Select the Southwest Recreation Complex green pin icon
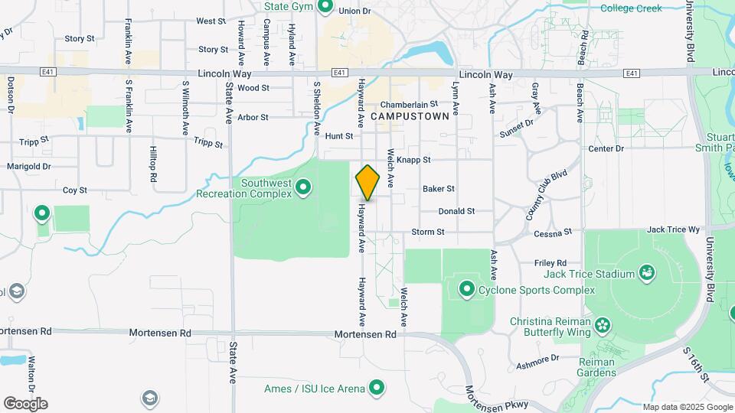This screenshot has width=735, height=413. [304, 187]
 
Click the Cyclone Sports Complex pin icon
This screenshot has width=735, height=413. [467, 289]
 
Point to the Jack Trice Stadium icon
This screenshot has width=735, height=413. [648, 273]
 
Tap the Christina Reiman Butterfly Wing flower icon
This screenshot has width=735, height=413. [603, 325]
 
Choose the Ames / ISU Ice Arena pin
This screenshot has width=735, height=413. [376, 388]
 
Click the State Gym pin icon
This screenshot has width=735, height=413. [325, 7]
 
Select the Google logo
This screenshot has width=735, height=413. [25, 404]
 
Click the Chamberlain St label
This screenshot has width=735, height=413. [409, 103]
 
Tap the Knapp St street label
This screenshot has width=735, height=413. [414, 160]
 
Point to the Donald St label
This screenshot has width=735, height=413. [457, 211]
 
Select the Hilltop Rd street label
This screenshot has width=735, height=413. [153, 164]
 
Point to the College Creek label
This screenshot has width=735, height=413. [631, 8]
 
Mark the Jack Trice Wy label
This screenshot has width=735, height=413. [674, 229]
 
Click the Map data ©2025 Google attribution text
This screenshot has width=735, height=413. [687, 407]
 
